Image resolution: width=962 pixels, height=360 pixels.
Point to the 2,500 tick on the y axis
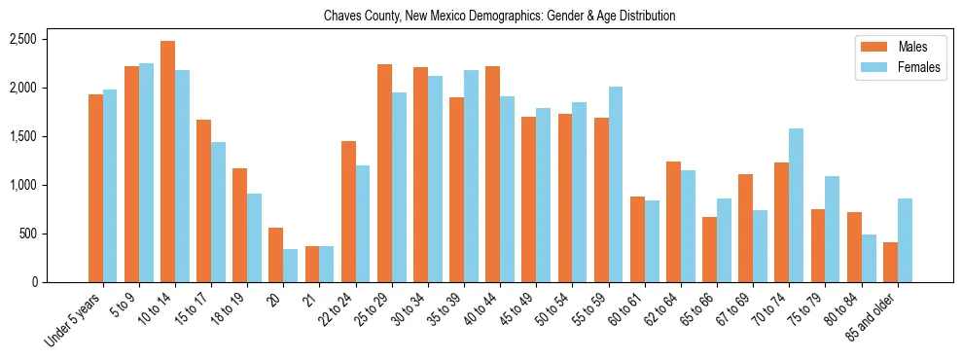coord(22,39)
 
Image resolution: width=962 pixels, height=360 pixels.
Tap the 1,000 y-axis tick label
coord(22,185)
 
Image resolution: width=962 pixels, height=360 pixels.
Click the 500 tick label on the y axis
coord(27,234)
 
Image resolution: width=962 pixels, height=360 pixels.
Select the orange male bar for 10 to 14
coord(167,162)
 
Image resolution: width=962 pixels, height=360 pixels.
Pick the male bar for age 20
coord(275,255)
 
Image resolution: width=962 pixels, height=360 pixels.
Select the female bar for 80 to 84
coord(869,258)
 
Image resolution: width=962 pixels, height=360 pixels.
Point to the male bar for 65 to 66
coord(709,249)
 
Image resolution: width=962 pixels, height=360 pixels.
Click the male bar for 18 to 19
coord(239,225)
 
